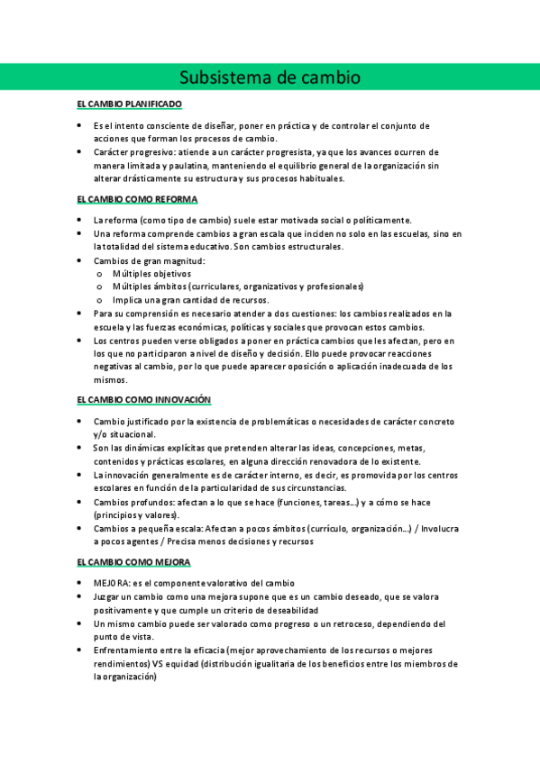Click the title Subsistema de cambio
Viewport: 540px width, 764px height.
[270, 77]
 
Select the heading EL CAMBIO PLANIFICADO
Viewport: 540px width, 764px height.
[130, 105]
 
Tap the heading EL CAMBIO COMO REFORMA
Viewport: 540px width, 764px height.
[137, 199]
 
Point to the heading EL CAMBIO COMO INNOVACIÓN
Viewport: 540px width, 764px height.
[143, 399]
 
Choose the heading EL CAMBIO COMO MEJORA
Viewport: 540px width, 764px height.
[133, 562]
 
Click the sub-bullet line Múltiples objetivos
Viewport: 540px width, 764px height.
[152, 273]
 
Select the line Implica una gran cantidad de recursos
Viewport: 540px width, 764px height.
[191, 299]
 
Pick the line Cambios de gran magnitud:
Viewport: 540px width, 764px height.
[149, 260]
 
